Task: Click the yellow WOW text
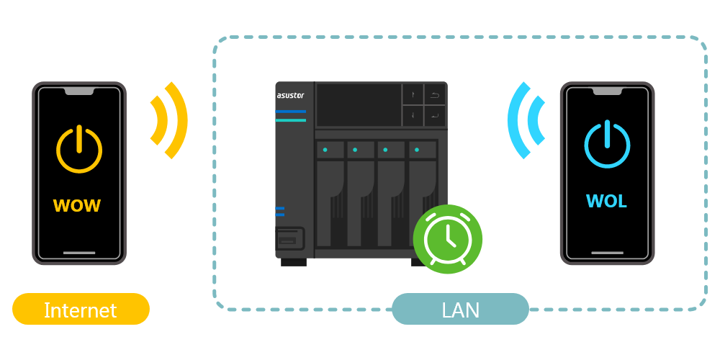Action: (x=77, y=206)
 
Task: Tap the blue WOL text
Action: (x=606, y=202)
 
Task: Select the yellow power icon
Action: (x=79, y=149)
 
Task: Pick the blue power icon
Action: (x=607, y=145)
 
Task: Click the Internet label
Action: (x=81, y=310)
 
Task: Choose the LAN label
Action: (x=460, y=310)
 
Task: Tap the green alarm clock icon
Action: (x=448, y=239)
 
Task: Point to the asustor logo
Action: (x=291, y=95)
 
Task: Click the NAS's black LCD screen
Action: (x=359, y=105)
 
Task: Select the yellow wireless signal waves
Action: (x=171, y=120)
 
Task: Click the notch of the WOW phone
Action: (x=79, y=91)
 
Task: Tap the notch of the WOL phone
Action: (x=607, y=91)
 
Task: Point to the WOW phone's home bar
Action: (x=79, y=253)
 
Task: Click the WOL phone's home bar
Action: (x=607, y=253)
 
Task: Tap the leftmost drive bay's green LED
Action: (x=325, y=150)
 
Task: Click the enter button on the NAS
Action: (x=435, y=115)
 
